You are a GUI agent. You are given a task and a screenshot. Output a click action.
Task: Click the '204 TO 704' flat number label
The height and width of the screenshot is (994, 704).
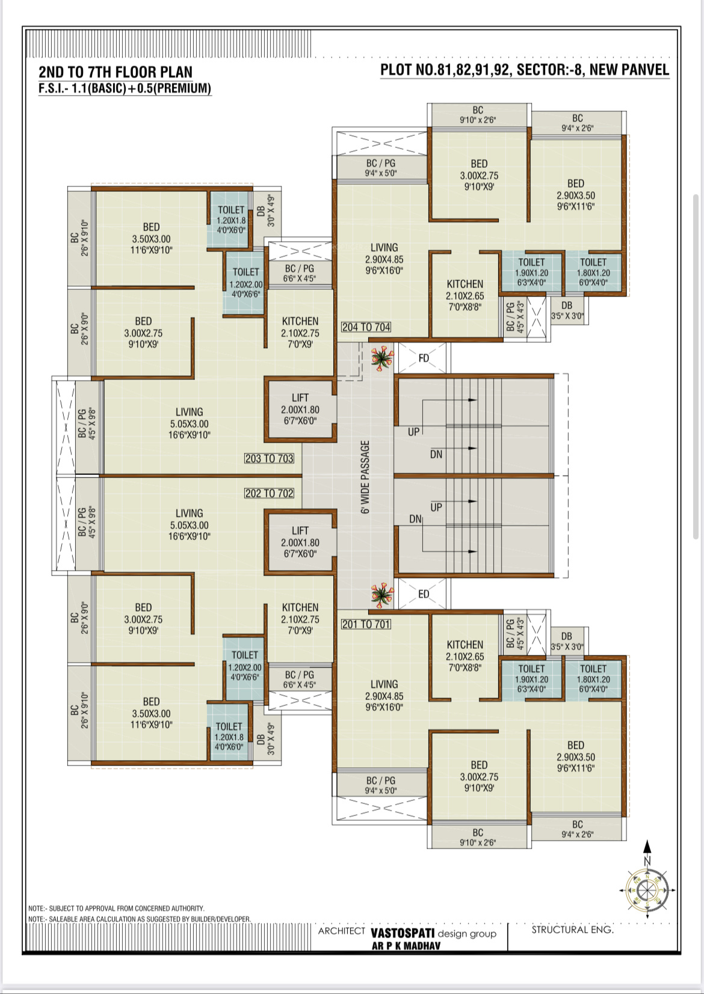click(x=366, y=327)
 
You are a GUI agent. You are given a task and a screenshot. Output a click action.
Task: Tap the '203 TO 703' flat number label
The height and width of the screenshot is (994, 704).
click(x=269, y=458)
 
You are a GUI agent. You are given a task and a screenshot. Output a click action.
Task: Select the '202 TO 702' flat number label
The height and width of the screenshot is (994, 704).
click(x=269, y=493)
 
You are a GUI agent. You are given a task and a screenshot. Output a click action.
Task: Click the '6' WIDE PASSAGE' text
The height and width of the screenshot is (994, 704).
click(x=365, y=477)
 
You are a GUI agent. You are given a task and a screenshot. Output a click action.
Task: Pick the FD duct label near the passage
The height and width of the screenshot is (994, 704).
click(x=424, y=358)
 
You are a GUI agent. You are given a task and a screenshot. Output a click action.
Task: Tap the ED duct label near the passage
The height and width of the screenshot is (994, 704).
click(x=424, y=594)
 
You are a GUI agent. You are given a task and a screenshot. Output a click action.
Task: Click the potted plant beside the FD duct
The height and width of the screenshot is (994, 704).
click(x=382, y=358)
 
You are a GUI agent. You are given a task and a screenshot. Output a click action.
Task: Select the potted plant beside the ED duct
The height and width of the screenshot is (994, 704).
click(x=382, y=595)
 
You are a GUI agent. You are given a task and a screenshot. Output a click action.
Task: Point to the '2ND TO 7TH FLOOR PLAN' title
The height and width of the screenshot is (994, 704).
click(x=116, y=72)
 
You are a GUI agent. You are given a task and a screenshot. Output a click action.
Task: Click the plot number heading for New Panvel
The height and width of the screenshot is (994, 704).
click(x=525, y=70)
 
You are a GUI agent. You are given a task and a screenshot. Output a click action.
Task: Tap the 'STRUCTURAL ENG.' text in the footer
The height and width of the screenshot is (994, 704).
click(x=573, y=929)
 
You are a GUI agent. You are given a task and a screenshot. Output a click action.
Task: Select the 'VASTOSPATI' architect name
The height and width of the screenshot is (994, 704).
click(x=403, y=932)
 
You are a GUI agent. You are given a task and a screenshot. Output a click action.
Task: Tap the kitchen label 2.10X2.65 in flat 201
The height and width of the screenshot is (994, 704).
click(x=465, y=656)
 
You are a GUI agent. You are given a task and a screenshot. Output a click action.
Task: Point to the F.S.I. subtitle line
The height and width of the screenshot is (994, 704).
click(x=125, y=88)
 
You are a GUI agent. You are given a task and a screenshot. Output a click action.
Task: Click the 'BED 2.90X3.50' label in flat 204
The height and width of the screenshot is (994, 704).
click(x=576, y=195)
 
